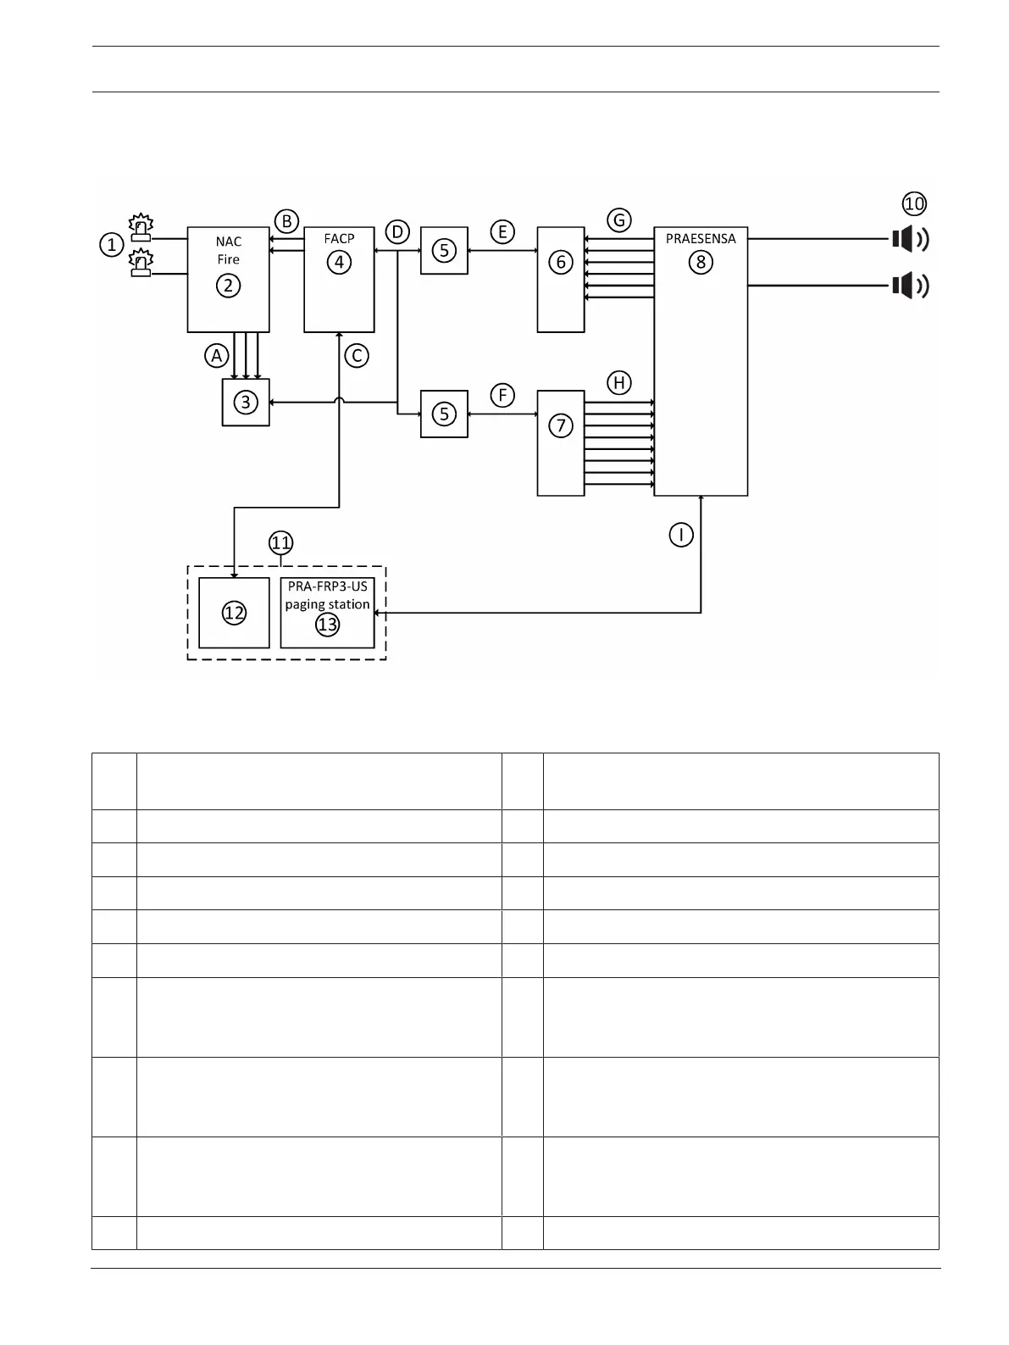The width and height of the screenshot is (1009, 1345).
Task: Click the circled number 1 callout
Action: coord(111,245)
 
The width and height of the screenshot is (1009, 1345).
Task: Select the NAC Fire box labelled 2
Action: coord(228,280)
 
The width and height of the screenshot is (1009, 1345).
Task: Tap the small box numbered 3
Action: coord(246,402)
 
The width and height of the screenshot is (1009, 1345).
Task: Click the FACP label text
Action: coord(339,238)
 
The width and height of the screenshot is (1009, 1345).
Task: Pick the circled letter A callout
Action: coord(217,356)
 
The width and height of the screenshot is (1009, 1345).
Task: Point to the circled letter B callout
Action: coord(286,221)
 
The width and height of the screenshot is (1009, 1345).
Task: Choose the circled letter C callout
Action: coord(357,356)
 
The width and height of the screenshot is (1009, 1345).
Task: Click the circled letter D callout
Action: coord(396,231)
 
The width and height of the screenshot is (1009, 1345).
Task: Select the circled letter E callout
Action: coord(502,231)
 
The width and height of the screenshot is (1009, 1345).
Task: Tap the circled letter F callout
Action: coord(502,395)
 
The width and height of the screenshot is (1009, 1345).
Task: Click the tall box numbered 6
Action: coord(561,280)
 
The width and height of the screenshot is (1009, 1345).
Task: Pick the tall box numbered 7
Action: coord(561,442)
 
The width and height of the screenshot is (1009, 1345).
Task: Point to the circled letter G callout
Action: coord(619,220)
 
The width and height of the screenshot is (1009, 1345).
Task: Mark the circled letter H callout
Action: coord(619,383)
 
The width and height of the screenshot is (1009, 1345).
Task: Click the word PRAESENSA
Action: coord(701,238)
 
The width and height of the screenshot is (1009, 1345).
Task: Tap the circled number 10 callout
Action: coord(914,203)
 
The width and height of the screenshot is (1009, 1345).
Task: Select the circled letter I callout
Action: coord(681,535)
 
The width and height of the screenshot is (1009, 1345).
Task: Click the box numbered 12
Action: coord(234,613)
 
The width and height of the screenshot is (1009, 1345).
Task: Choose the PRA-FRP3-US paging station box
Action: coord(327,613)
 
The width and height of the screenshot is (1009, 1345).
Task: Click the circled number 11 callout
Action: coord(280,542)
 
